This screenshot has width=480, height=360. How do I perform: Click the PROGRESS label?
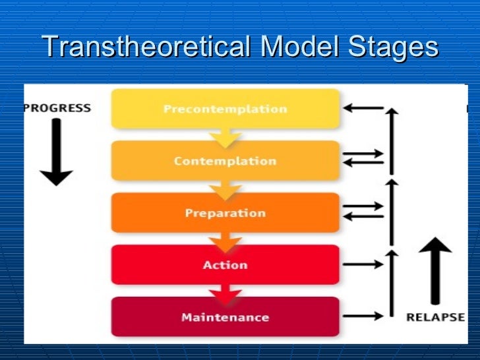[x=57, y=108]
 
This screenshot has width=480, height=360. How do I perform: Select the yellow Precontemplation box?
[x=225, y=109]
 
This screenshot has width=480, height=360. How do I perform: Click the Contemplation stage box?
[x=225, y=161]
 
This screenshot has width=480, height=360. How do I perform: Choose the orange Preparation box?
[x=225, y=213]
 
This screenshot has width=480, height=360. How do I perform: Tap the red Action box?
[x=225, y=265]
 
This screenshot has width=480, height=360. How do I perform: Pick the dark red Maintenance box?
[x=225, y=317]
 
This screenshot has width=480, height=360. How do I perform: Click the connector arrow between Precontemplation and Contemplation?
[x=225, y=137]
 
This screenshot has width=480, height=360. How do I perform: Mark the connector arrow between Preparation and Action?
[x=225, y=241]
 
